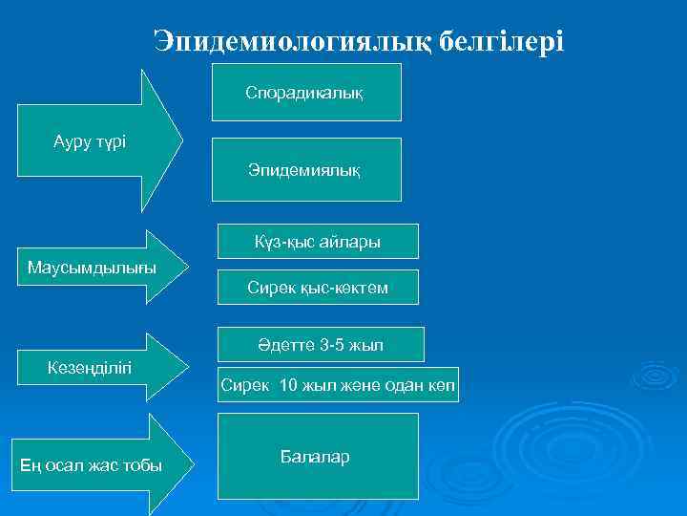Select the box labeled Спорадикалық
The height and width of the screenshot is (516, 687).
pos(306,93)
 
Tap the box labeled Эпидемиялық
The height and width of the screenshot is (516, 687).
pos(306,169)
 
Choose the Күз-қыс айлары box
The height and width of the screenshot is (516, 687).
pos(318,243)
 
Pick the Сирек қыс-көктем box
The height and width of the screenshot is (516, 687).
pos(318,287)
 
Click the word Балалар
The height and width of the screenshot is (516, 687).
pos(315,457)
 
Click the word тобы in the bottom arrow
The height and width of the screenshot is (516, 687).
pos(142,465)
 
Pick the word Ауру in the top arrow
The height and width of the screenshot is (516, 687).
pos(72,142)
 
